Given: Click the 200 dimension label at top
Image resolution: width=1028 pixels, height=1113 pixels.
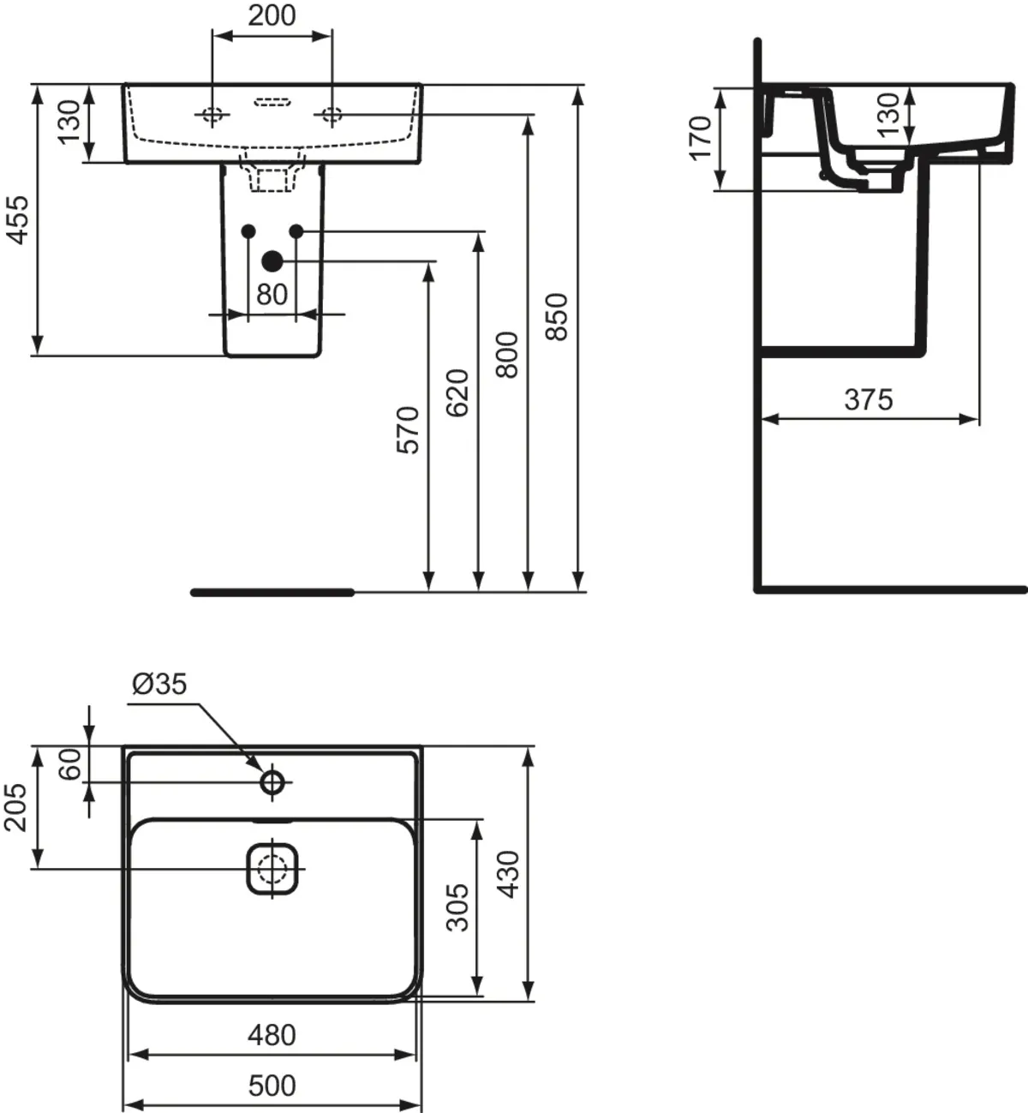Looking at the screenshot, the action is click(x=272, y=15).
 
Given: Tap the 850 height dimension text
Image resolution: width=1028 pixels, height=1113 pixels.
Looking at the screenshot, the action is click(x=557, y=317).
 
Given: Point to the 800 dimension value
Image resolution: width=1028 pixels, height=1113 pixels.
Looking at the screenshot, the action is click(x=507, y=355).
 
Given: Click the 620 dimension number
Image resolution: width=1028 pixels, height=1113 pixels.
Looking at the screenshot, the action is click(x=457, y=393).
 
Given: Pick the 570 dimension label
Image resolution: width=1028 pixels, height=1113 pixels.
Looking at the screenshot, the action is click(x=408, y=430).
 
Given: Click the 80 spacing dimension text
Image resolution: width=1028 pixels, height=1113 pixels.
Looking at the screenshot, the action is click(x=272, y=295).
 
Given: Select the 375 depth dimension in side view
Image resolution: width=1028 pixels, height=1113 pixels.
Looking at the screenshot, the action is click(x=869, y=400).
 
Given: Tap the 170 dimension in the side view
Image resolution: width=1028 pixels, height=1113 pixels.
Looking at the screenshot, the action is click(x=701, y=139).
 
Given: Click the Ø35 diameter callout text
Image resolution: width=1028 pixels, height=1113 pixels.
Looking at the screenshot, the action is click(x=159, y=685).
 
